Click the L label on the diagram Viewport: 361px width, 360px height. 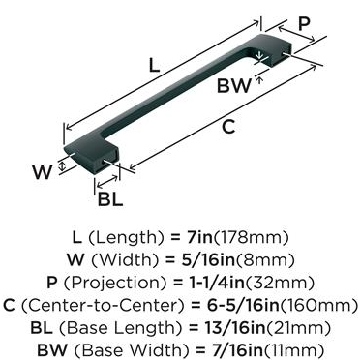(x=154, y=66)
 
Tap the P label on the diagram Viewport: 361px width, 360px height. (x=304, y=24)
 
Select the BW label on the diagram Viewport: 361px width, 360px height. (x=233, y=86)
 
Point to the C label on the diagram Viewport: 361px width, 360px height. (x=228, y=127)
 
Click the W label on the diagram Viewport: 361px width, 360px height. (x=42, y=172)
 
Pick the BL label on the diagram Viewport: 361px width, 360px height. (x=110, y=199)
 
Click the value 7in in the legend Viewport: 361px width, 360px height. (x=199, y=238)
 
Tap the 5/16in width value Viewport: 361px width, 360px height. (x=207, y=260)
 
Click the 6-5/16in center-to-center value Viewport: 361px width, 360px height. (x=243, y=305)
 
